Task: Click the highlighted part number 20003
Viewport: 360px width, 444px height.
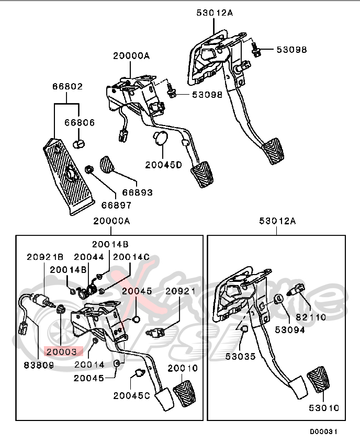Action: pos(61,352)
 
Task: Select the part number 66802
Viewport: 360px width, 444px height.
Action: pos(67,87)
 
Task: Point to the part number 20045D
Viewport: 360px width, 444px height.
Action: pos(163,165)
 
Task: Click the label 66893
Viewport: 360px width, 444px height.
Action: pos(138,192)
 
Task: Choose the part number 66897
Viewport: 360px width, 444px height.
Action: pos(116,206)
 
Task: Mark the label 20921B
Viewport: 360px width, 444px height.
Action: pos(45,257)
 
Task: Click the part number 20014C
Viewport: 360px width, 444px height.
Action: pos(131,257)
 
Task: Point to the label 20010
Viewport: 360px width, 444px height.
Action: pos(182,368)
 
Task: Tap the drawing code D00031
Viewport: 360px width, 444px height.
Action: pos(324,432)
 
